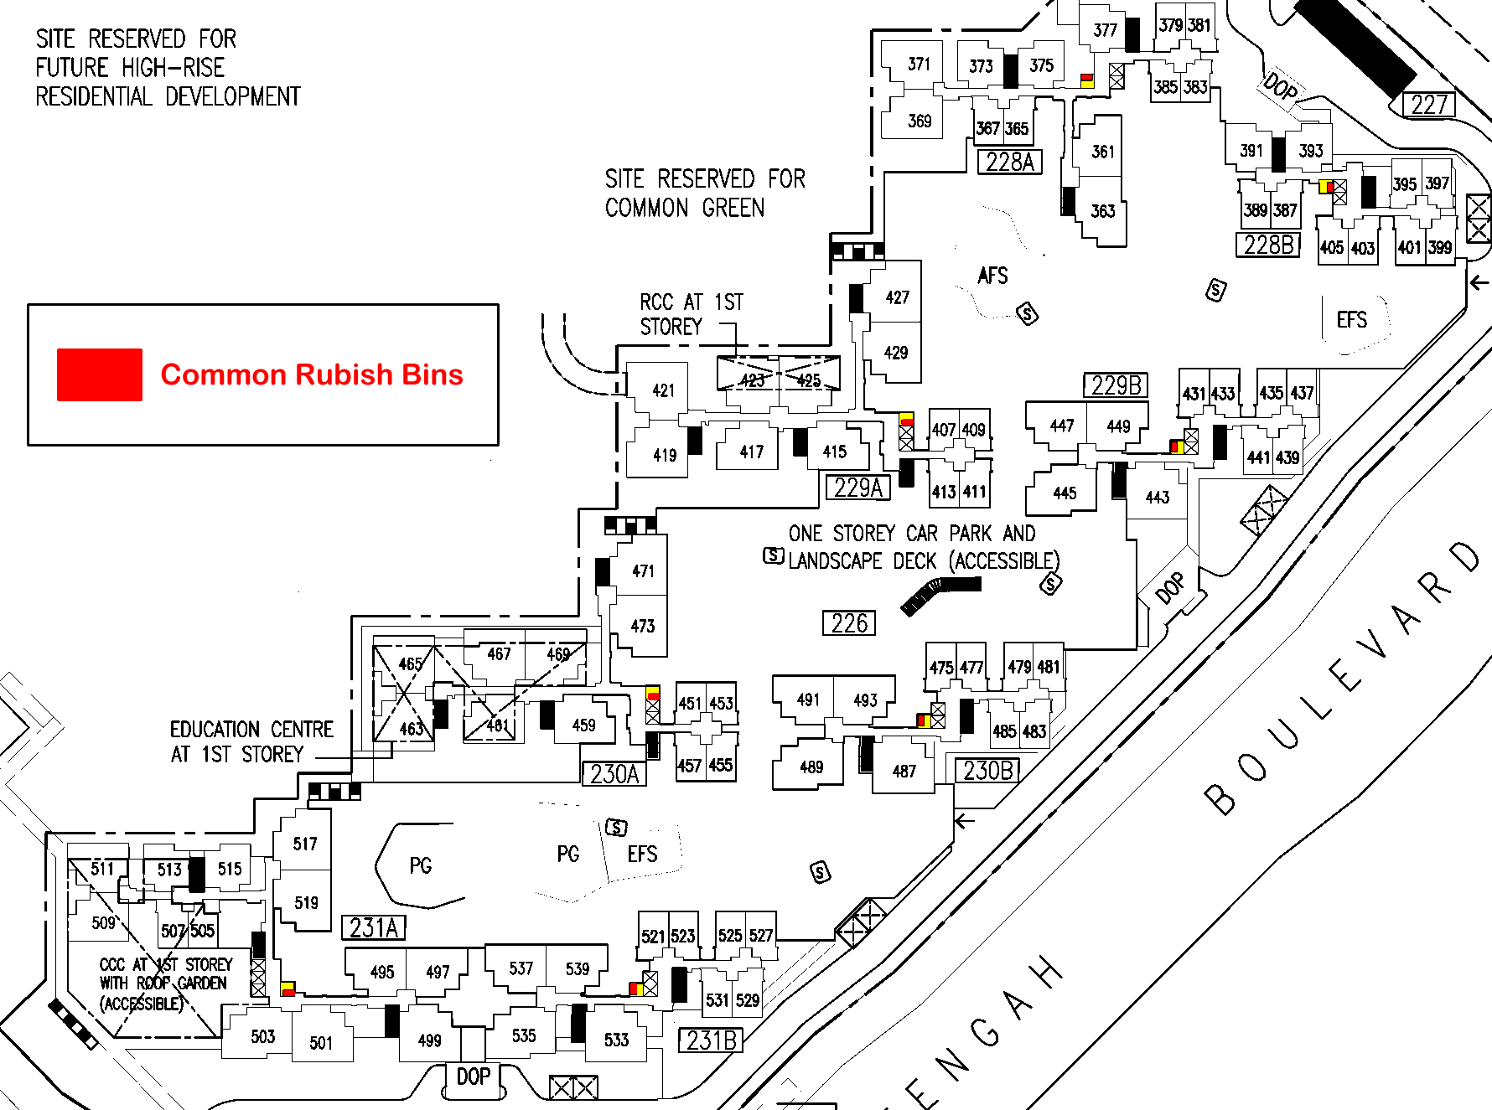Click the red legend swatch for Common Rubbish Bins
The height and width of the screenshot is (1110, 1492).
click(x=99, y=374)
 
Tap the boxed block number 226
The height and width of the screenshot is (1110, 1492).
click(x=849, y=623)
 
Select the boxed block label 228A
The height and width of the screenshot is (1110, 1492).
click(x=1010, y=162)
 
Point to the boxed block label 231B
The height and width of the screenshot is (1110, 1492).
click(x=711, y=1040)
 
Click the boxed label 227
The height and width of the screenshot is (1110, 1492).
click(x=1429, y=105)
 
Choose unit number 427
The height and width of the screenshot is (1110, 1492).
click(x=897, y=297)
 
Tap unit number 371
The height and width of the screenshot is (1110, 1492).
click(x=919, y=65)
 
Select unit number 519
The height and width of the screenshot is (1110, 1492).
click(x=306, y=902)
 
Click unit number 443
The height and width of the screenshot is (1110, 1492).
click(x=1157, y=498)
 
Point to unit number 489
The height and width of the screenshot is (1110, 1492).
click(x=811, y=767)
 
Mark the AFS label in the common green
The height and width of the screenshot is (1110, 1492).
click(x=992, y=276)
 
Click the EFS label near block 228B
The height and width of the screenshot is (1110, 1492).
click(x=1351, y=320)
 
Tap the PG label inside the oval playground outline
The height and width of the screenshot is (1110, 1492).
click(x=421, y=865)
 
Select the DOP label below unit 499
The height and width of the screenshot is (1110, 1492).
click(x=473, y=1076)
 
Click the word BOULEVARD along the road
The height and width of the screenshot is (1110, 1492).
click(x=1341, y=679)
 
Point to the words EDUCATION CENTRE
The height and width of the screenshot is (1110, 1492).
click(x=251, y=730)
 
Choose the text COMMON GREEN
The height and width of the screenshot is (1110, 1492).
click(x=684, y=208)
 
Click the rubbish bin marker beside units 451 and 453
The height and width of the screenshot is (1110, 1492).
click(x=653, y=694)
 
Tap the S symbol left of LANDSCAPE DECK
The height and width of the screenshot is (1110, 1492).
click(x=774, y=555)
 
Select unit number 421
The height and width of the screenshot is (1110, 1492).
click(x=663, y=390)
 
